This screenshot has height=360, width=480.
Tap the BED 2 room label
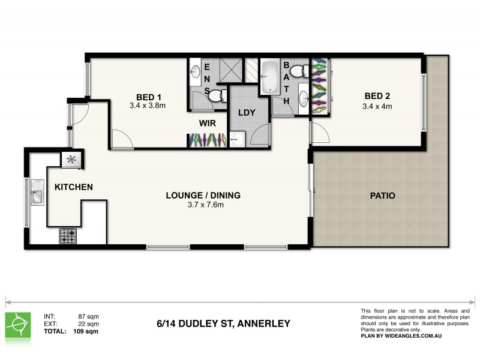click(378, 97)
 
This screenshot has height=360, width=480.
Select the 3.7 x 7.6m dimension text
click(203, 205)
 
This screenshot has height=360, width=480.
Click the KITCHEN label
click(74, 187)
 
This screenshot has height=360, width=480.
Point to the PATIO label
click(382, 196)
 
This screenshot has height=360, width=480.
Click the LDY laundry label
click(247, 113)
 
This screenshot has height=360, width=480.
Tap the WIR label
click(208, 124)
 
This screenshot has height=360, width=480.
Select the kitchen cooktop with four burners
click(67, 235)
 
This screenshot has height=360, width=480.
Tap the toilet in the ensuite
click(220, 94)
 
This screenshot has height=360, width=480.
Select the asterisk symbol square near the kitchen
click(72, 160)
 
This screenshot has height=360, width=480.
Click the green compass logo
click(19, 325)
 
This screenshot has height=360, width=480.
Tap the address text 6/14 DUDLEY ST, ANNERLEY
click(222, 323)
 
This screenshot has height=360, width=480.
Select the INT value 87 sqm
click(88, 316)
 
